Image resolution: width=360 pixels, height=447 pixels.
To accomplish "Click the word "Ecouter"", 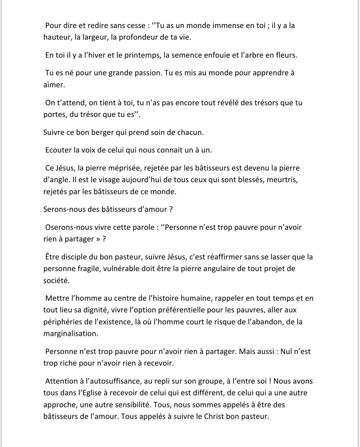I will pyautogui.click(x=58, y=150).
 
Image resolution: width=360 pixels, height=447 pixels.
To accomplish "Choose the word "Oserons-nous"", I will pyautogui.click(x=69, y=227).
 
